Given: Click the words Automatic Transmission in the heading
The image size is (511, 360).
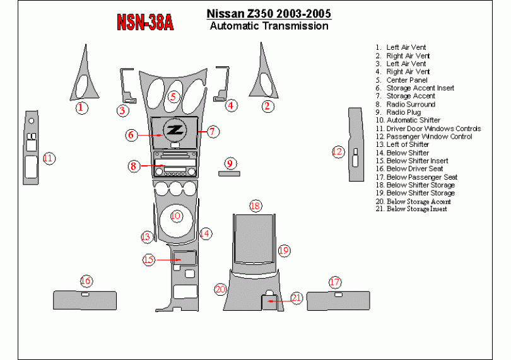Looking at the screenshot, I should pyautogui.click(x=269, y=26).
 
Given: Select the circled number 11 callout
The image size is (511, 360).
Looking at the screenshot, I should pyautogui.click(x=49, y=158).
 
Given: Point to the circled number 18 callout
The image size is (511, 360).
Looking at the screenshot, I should pyautogui.click(x=255, y=206).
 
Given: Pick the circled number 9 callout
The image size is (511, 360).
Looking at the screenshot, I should pyautogui.click(x=230, y=163).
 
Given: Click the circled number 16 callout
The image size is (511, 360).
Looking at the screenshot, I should pyautogui.click(x=86, y=281).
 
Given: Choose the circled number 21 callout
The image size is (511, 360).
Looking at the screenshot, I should pyautogui.click(x=297, y=298).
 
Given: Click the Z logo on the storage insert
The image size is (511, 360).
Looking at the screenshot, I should pyautogui.click(x=175, y=131).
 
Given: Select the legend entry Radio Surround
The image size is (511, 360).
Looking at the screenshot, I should pyautogui.click(x=411, y=104).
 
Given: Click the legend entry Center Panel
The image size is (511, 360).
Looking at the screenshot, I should pyautogui.click(x=406, y=80).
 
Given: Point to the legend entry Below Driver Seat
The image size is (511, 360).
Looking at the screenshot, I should pyautogui.click(x=414, y=168).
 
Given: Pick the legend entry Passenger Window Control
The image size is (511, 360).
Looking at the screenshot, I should pyautogui.click(x=429, y=136).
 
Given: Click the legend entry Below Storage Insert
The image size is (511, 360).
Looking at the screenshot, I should pyautogui.click(x=416, y=209).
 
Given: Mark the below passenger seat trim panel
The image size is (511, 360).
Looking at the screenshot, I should pyautogui.click(x=338, y=300).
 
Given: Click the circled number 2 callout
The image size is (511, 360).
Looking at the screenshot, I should pyautogui.click(x=268, y=106).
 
